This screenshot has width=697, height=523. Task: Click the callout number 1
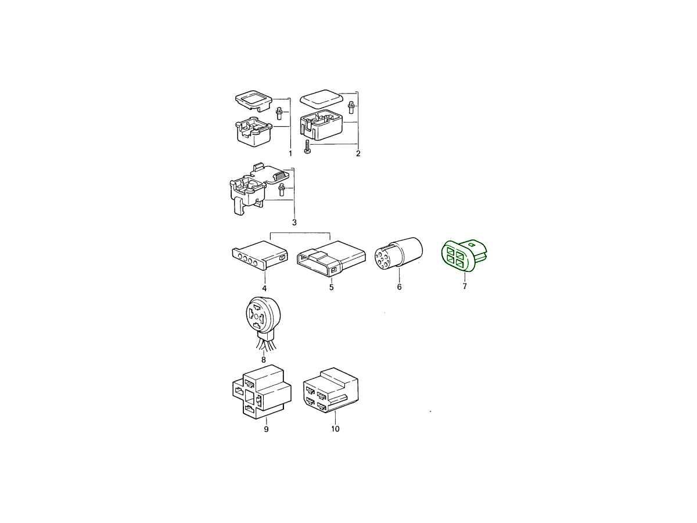pos(290,153)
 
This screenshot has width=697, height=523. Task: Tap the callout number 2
pos(358,153)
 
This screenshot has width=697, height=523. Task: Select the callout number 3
pos(294,223)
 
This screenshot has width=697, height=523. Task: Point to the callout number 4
pos(264,288)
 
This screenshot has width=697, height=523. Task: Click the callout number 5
pos(331,288)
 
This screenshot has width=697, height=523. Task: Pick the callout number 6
pos(399,286)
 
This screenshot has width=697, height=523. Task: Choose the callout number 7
pos(465,286)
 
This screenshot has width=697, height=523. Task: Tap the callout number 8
pos(263,360)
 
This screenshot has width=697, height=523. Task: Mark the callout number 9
pos(266,429)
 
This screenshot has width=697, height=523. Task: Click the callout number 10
pos(335,429)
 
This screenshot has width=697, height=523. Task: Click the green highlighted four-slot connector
pos(464,256)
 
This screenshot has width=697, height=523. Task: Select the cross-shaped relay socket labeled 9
pos(261,392)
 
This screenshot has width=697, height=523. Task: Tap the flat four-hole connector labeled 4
pos(260,255)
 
